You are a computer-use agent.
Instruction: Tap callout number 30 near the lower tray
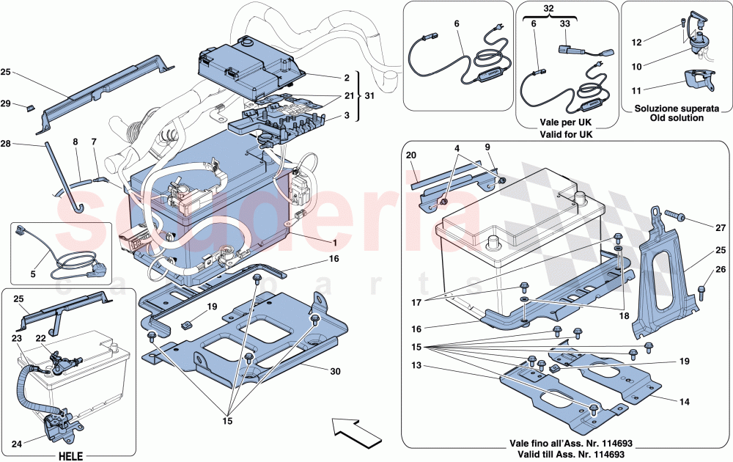(x=336, y=371)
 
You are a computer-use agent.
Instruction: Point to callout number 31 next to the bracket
(x=369, y=95)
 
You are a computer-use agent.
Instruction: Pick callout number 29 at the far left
(x=26, y=105)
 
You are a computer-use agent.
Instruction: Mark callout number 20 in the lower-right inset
(x=410, y=155)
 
